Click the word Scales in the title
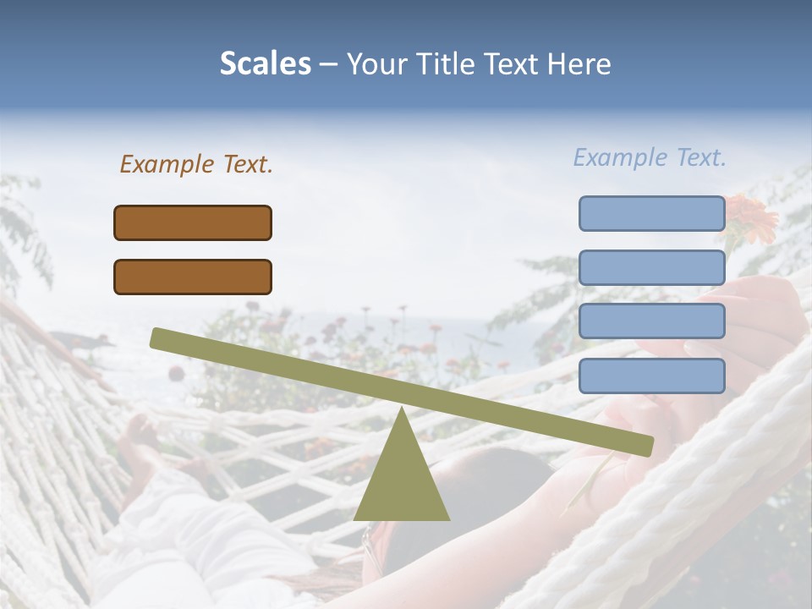(265, 63)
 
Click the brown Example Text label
(196, 164)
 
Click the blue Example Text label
(650, 157)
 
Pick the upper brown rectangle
(193, 222)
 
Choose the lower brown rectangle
(193, 277)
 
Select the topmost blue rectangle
(651, 213)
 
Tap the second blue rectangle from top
(651, 267)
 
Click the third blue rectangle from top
(651, 321)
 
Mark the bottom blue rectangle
(651, 376)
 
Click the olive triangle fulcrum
(401, 482)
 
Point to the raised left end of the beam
(157, 337)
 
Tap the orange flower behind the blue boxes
(752, 215)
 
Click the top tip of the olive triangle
(402, 409)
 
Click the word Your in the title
(375, 63)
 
